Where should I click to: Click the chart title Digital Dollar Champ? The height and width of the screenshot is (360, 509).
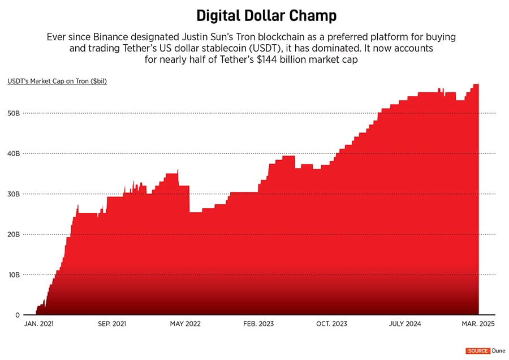(x=255, y=15)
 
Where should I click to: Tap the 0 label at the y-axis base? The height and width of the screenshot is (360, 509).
(x=18, y=315)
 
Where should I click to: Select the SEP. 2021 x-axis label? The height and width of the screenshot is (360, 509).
(x=111, y=324)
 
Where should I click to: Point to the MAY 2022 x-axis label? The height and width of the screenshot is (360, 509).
(x=186, y=324)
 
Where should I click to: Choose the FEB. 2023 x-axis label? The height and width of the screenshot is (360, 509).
(x=258, y=324)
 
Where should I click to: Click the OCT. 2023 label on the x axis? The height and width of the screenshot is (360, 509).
(x=331, y=324)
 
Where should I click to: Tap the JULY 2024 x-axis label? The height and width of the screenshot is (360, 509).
(x=405, y=324)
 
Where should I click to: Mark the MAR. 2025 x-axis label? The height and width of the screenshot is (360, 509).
(x=478, y=324)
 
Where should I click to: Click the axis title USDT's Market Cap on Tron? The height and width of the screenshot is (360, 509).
(x=57, y=81)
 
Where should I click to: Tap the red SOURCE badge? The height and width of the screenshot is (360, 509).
(x=477, y=351)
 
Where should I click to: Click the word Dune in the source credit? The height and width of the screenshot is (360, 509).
(x=498, y=351)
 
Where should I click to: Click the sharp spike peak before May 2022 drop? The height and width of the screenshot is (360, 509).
(x=178, y=170)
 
